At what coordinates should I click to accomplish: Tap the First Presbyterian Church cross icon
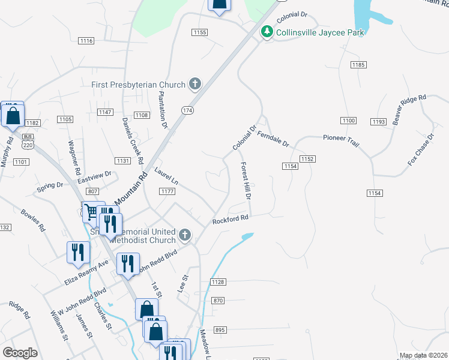[x=194, y=84]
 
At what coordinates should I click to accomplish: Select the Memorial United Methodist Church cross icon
[x=185, y=235]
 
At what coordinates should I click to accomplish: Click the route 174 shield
[x=188, y=110]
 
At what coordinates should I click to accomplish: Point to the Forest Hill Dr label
[x=246, y=180]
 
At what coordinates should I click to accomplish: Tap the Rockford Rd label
[x=230, y=220]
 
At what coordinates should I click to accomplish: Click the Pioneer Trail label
[x=341, y=137]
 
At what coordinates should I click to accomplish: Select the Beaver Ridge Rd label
[x=409, y=109]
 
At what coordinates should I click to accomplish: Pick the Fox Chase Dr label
[x=420, y=149]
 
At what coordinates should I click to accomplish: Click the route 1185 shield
[x=359, y=64]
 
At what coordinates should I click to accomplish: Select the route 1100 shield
[x=348, y=121]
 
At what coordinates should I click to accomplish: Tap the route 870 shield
[x=218, y=300]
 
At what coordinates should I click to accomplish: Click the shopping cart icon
[x=91, y=212]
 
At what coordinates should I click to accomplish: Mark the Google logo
[x=20, y=352]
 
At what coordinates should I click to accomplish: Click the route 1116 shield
[x=86, y=41]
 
